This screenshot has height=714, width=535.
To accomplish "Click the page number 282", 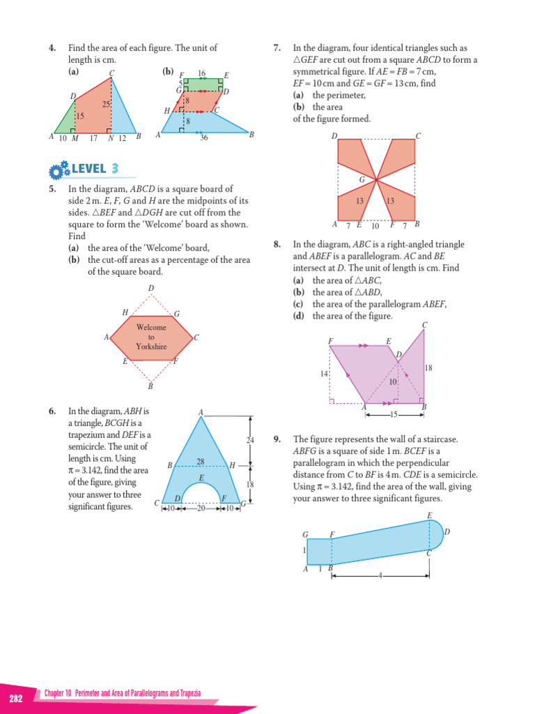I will point(15,699).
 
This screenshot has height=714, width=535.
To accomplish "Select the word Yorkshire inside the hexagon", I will point(151,346).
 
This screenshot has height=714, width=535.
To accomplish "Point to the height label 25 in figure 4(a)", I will point(105,104).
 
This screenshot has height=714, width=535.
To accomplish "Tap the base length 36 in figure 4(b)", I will point(203,138).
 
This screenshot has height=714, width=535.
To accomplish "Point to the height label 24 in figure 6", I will point(250,440).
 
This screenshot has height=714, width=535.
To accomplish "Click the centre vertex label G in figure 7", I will point(362,180).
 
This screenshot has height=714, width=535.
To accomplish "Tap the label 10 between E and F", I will point(375,225).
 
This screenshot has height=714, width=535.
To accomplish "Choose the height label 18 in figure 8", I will point(428,367).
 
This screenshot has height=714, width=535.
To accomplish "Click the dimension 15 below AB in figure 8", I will point(394,415).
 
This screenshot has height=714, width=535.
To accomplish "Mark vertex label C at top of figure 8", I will point(424,325).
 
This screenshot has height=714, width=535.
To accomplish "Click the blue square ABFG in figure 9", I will point(319,551).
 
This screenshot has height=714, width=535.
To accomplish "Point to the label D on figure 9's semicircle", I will point(447,532).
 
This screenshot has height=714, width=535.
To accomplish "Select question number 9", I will point(277,439).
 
